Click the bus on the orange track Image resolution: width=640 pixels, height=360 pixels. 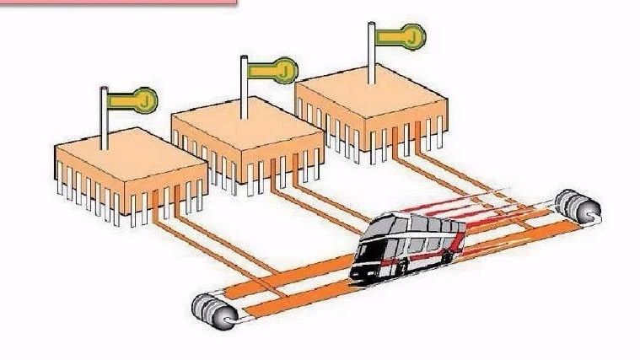pos(408,246)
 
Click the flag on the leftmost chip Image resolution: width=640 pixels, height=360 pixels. pos(132,100)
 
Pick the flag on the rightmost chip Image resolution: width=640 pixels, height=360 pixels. pos(401,37)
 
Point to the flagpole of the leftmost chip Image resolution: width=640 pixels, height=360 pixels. pos(105,118)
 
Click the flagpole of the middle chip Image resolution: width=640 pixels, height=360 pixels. pos(244,88)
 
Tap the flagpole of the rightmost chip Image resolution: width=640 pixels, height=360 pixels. pos(371,53)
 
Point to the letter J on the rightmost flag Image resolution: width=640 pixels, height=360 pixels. pos(412,38)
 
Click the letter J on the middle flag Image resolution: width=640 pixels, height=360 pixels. pos(285,71)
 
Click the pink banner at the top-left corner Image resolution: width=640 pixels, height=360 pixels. pos(118,3)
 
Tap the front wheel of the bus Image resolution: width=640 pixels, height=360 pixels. pos(402,267)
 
